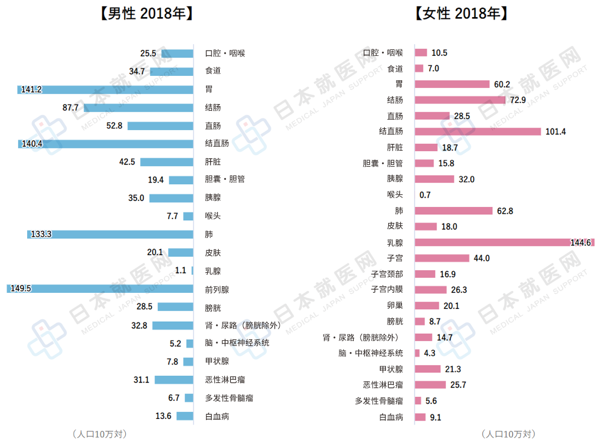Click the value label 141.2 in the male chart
32,89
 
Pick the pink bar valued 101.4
477,132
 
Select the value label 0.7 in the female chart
425,195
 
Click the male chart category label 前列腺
217,289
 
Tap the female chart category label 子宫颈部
387,274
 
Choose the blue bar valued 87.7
138,107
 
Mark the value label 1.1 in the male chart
181,271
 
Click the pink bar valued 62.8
453,211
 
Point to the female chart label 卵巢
395,306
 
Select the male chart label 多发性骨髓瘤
229,398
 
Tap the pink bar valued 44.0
441,258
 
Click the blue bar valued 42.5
166,162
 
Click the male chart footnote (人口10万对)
99,434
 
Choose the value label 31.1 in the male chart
141,380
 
